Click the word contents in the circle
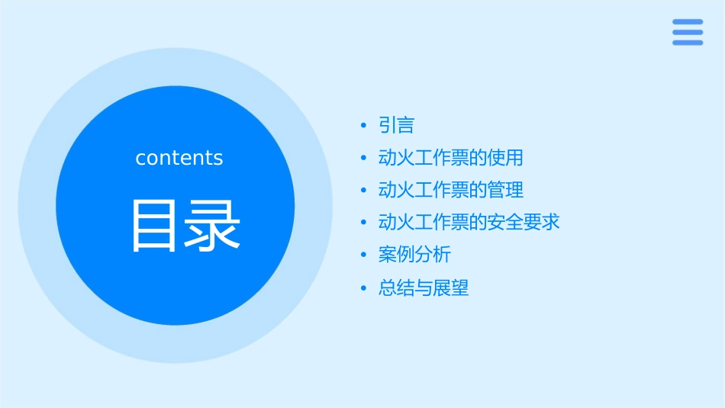pos(179,158)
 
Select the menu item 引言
pos(396,125)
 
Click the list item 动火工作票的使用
pos(450,158)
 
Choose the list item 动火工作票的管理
pos(450,190)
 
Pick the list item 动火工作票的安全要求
pos(469,223)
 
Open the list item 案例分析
pos(414,255)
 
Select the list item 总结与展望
pos(423,288)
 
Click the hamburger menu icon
pos(688,32)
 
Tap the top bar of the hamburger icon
pos(688,21)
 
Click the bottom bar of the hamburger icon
pos(688,43)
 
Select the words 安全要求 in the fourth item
pos(524,223)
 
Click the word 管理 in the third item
pos(505,190)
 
